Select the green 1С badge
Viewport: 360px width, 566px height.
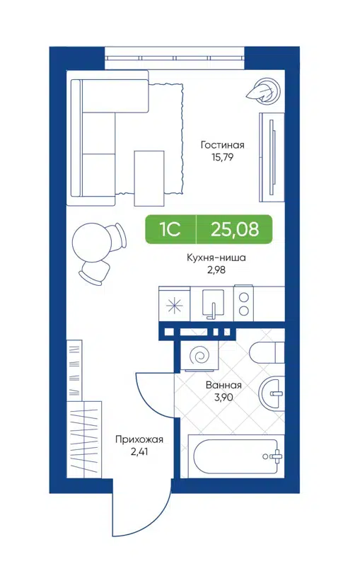170,229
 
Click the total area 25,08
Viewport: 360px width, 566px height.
234,229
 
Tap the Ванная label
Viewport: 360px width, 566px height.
224,386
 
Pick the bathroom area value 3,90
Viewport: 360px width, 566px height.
224,398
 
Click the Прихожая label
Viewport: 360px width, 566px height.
134,439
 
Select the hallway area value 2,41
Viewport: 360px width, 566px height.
134,451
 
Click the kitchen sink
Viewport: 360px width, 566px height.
211,305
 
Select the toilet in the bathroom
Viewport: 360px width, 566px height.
269,353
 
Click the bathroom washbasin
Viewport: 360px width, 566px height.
272,393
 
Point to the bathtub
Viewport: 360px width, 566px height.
235,457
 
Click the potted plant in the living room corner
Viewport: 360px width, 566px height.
260,90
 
